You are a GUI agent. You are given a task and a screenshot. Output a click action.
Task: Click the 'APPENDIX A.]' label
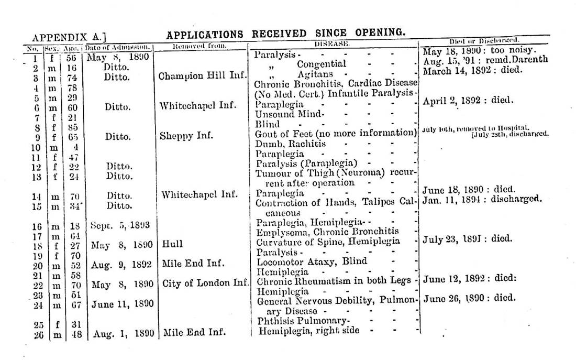click(69, 37)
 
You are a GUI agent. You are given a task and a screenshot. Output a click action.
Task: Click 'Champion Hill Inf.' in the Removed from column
click(202, 76)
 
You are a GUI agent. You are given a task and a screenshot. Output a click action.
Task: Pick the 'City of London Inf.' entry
click(205, 284)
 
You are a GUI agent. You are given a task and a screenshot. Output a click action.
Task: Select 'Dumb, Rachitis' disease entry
click(290, 144)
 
